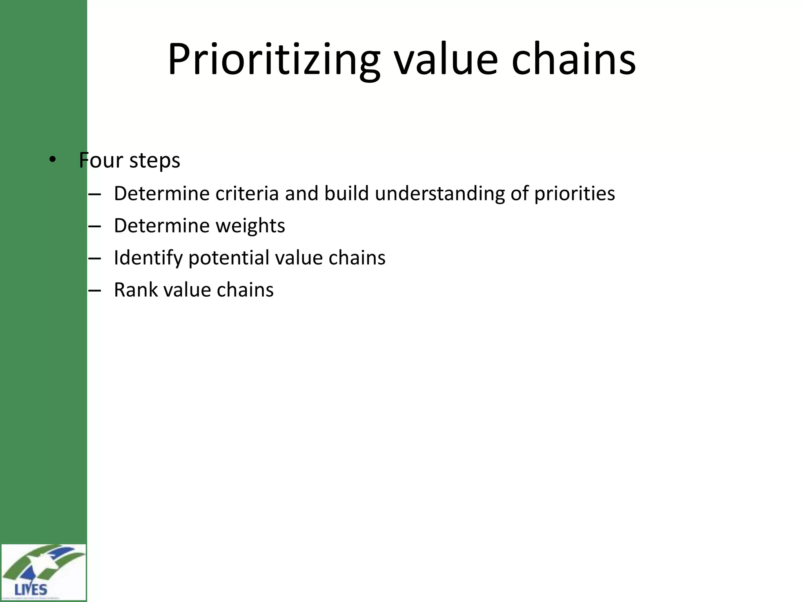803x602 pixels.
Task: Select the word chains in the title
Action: (573, 60)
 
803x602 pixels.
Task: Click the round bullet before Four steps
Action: (53, 160)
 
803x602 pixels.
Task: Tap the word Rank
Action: (135, 290)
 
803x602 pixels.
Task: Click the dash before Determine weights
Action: (94, 226)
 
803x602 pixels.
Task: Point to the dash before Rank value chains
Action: (94, 290)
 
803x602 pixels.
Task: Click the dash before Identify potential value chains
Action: (94, 258)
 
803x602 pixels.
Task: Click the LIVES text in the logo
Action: (31, 589)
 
